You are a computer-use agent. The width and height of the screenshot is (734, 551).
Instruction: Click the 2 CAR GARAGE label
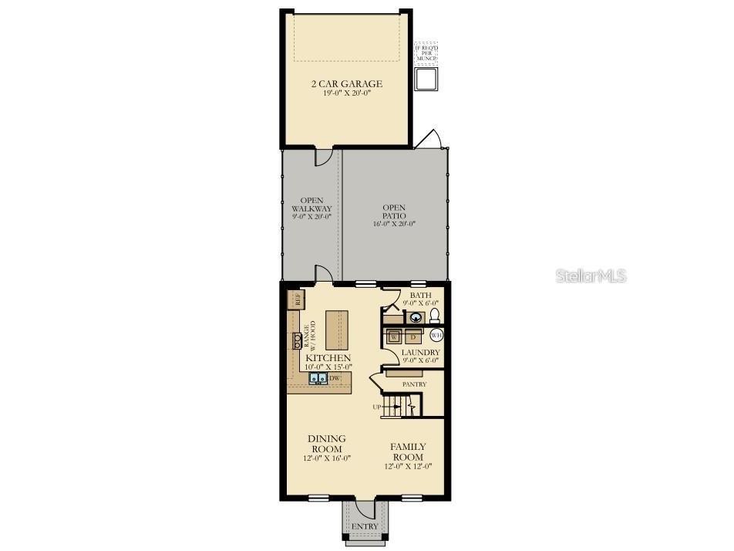(346, 84)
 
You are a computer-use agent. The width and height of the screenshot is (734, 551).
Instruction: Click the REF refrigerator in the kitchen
(295, 299)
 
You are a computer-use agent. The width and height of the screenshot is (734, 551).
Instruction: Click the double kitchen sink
(318, 378)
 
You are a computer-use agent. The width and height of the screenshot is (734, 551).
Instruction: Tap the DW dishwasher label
(335, 378)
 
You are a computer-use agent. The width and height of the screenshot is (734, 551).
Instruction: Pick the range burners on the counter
(296, 340)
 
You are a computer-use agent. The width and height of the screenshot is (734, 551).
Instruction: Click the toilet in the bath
(433, 315)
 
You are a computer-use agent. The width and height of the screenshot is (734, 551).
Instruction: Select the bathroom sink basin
(416, 316)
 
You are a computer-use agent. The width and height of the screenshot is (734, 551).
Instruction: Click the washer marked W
(393, 336)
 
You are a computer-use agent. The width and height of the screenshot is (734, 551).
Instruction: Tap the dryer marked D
(412, 336)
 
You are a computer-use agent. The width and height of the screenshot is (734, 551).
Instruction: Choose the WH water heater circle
(436, 336)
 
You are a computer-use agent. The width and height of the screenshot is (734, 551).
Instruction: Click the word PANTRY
(414, 384)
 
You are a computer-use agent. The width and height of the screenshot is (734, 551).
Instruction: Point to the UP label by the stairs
(376, 407)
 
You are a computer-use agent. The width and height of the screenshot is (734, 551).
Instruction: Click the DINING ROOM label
(328, 444)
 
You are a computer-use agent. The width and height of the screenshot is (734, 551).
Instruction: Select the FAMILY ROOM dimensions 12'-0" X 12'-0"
(407, 465)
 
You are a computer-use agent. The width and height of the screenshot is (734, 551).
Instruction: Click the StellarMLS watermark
(591, 275)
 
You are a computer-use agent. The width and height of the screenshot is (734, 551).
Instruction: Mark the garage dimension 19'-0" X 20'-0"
(346, 95)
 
